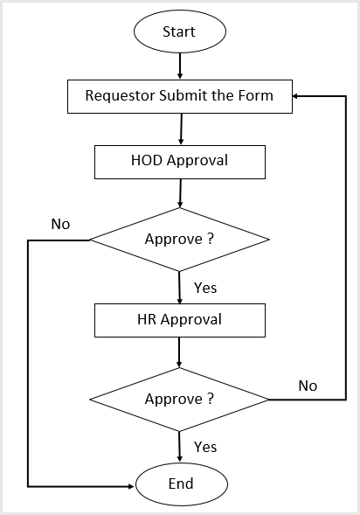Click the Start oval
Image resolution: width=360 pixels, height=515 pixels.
click(179, 31)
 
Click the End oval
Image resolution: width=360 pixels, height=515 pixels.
click(180, 484)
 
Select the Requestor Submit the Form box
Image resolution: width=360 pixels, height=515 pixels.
click(179, 96)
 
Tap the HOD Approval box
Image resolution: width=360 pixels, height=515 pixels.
click(179, 161)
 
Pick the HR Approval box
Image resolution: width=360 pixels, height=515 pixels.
click(179, 319)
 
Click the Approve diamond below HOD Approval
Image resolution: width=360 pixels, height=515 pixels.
click(179, 239)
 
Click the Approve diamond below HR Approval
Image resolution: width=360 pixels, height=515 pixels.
click(179, 399)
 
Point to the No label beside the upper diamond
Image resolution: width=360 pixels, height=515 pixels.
click(60, 224)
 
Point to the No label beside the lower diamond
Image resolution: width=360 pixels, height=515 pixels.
click(308, 386)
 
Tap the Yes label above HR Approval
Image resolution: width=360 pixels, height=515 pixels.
click(204, 288)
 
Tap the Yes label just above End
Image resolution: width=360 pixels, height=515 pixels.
click(204, 447)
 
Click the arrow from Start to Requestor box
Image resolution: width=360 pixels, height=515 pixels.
click(179, 66)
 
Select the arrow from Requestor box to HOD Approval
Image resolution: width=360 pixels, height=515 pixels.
click(179, 128)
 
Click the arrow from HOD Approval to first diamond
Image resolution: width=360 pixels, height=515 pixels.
click(179, 192)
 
